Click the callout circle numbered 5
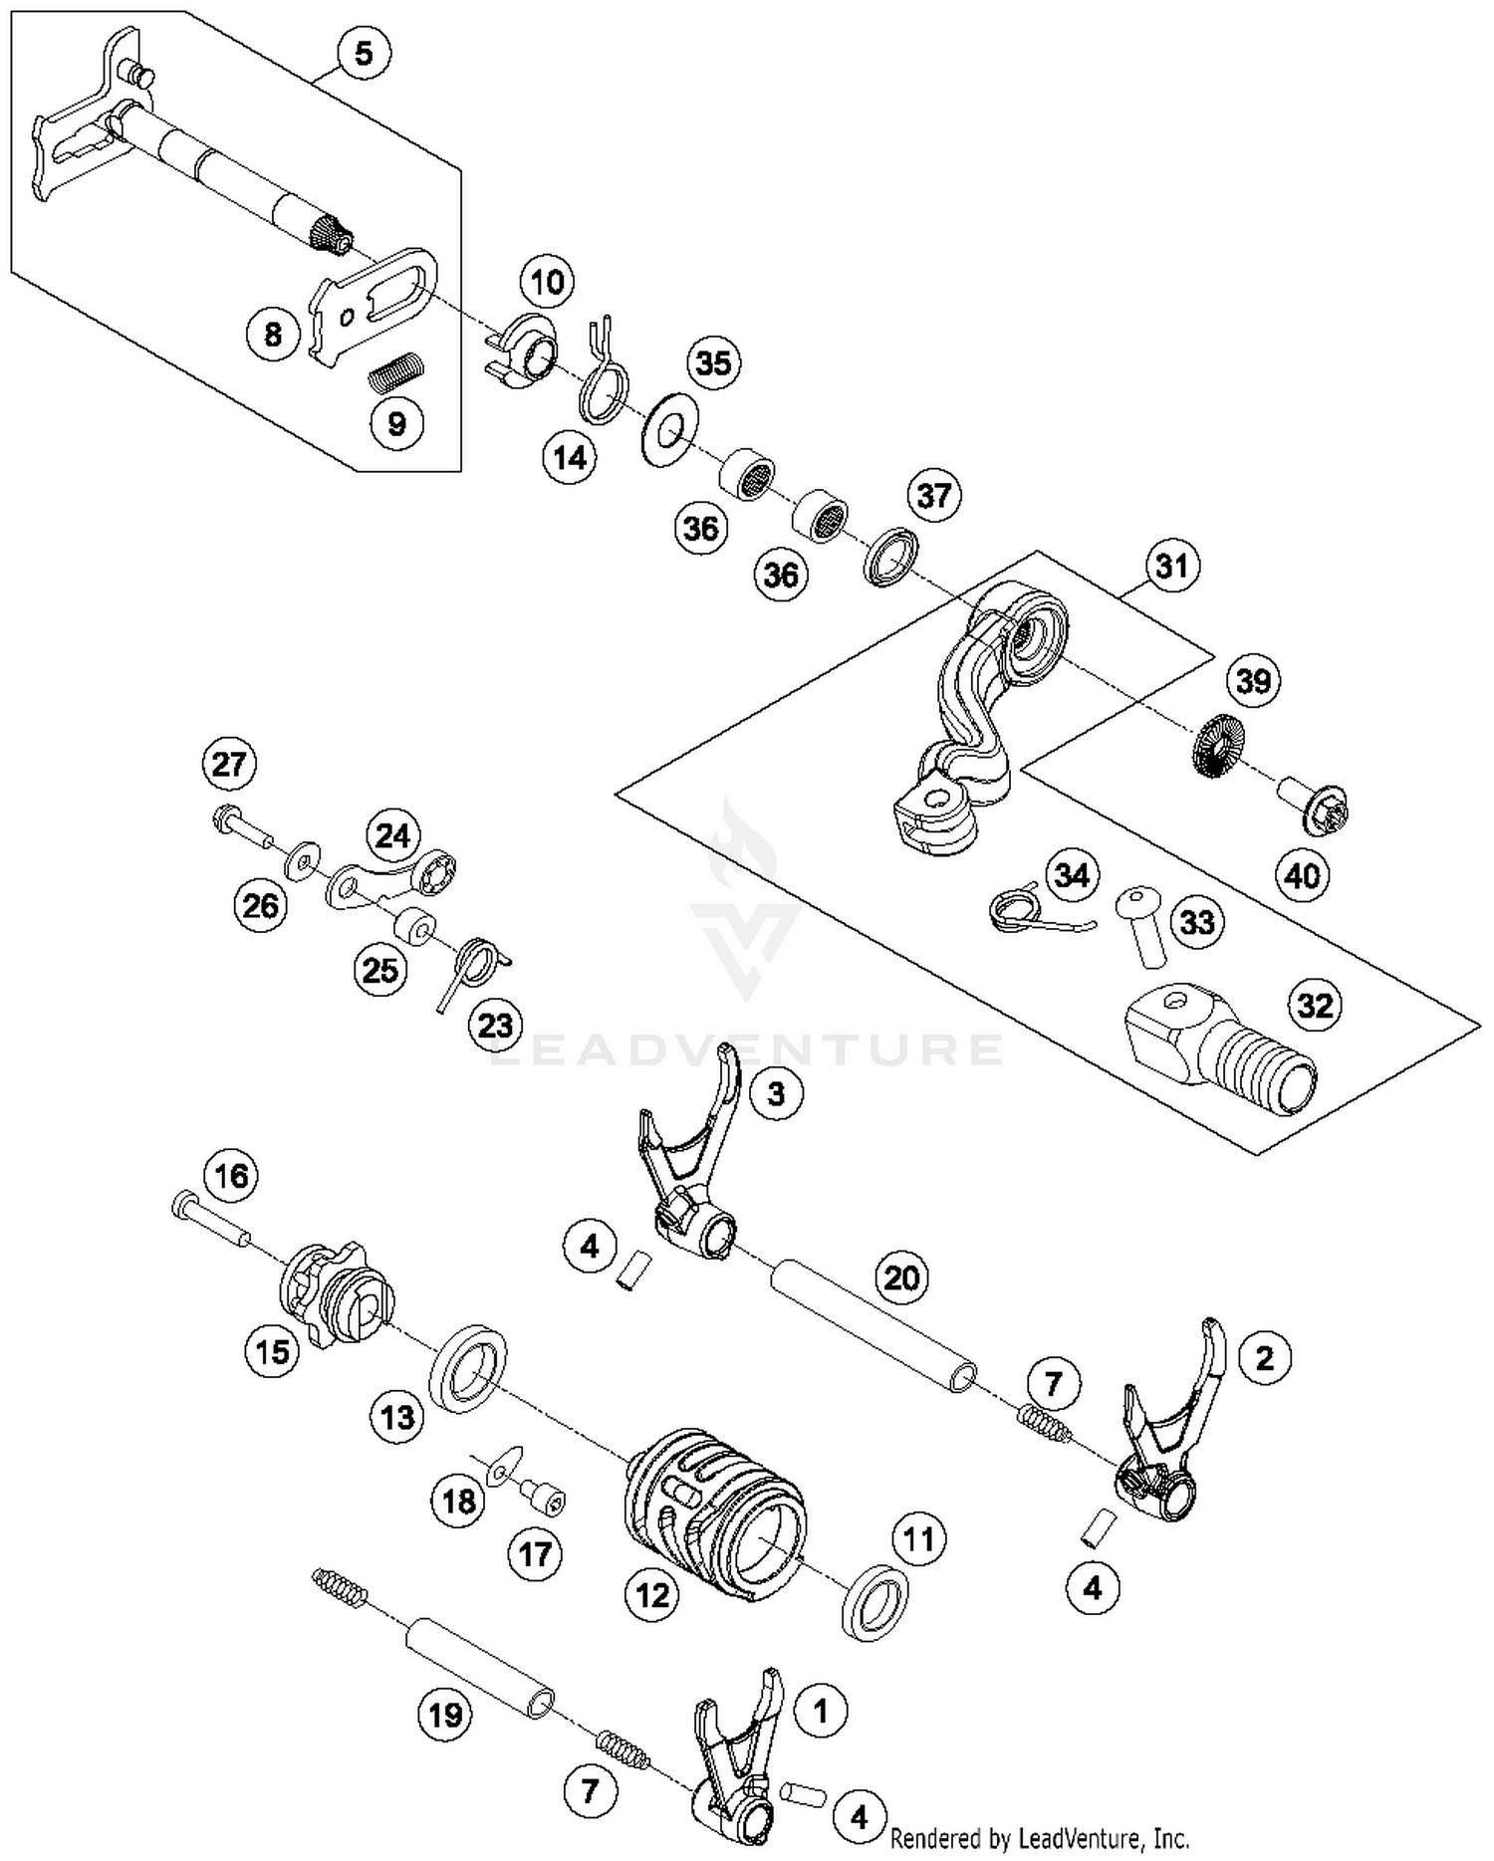(364, 53)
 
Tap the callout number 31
(1172, 566)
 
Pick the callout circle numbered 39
(1253, 681)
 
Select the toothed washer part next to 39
(1217, 747)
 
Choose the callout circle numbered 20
(901, 1278)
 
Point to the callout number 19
(444, 1715)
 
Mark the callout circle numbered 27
(229, 765)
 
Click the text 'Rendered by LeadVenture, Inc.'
(1039, 1838)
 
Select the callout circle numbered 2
(1264, 1357)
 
